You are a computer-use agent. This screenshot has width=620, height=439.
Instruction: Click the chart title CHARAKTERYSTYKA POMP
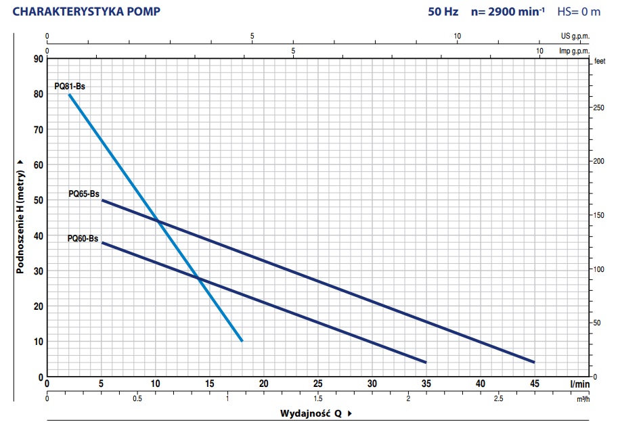pyautogui.click(x=86, y=11)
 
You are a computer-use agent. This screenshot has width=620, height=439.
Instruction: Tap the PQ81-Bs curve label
pyautogui.click(x=70, y=87)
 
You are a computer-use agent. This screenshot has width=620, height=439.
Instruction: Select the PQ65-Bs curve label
pyautogui.click(x=84, y=193)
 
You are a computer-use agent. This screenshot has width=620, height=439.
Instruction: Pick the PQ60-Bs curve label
pyautogui.click(x=83, y=238)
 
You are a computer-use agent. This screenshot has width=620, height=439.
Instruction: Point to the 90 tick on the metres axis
pyautogui.click(x=38, y=60)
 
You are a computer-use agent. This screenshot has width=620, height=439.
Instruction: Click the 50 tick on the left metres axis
pyautogui.click(x=38, y=200)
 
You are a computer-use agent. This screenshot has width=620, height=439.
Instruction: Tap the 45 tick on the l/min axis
pyautogui.click(x=534, y=384)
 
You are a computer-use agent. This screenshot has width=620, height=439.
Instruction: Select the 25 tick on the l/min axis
pyautogui.click(x=317, y=384)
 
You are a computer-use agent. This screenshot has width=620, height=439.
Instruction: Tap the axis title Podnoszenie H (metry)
pyautogui.click(x=20, y=216)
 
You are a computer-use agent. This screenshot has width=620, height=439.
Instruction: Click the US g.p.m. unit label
pyautogui.click(x=575, y=36)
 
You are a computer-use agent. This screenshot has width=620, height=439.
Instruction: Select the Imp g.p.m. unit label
pyautogui.click(x=573, y=51)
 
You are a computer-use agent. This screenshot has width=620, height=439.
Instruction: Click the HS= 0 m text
pyautogui.click(x=579, y=11)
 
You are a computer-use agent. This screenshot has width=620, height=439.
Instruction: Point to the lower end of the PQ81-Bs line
pyautogui.click(x=242, y=341)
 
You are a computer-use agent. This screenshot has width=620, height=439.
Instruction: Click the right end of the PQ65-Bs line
pyautogui.click(x=534, y=363)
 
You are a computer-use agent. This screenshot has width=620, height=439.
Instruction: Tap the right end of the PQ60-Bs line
pyautogui.click(x=426, y=363)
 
